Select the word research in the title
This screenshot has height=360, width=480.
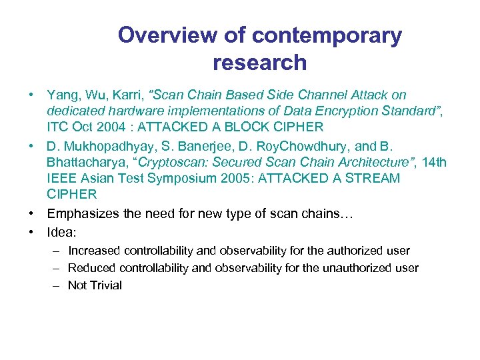[x=259, y=63]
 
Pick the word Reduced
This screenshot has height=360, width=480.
[x=92, y=268]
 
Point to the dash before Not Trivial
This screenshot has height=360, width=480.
[x=54, y=285]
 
